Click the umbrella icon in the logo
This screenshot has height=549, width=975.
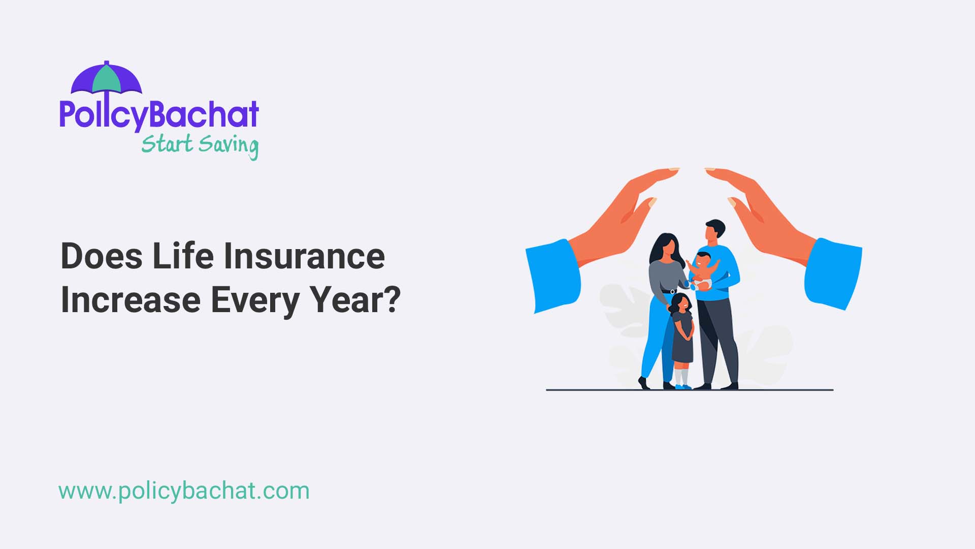point(106,79)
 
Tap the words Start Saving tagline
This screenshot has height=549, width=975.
point(200,145)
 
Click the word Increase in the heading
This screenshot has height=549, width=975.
point(131,300)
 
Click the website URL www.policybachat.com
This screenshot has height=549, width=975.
point(184,491)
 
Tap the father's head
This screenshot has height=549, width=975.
point(714,231)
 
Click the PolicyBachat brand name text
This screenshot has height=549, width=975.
point(159,114)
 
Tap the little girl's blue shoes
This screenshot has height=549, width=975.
point(683,387)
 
